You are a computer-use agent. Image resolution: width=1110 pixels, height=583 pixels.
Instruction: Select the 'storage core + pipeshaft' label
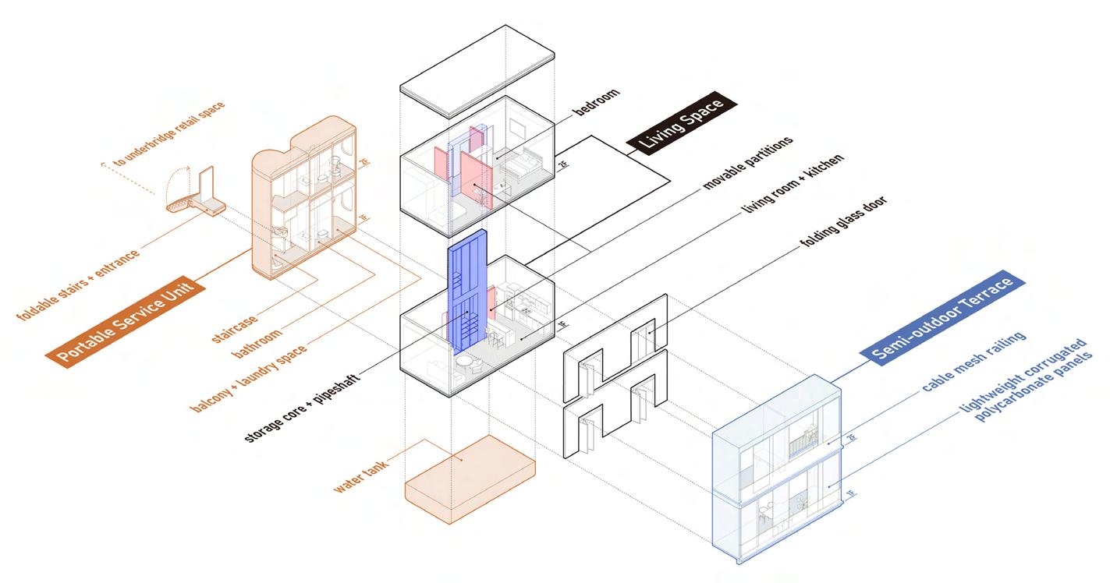coord(311,401)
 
